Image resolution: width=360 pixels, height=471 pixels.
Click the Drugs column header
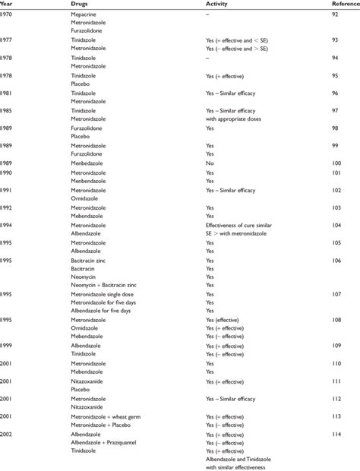pos(80,5)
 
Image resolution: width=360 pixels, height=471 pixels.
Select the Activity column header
pos(217,5)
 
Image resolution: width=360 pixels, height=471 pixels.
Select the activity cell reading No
pos(210,163)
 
